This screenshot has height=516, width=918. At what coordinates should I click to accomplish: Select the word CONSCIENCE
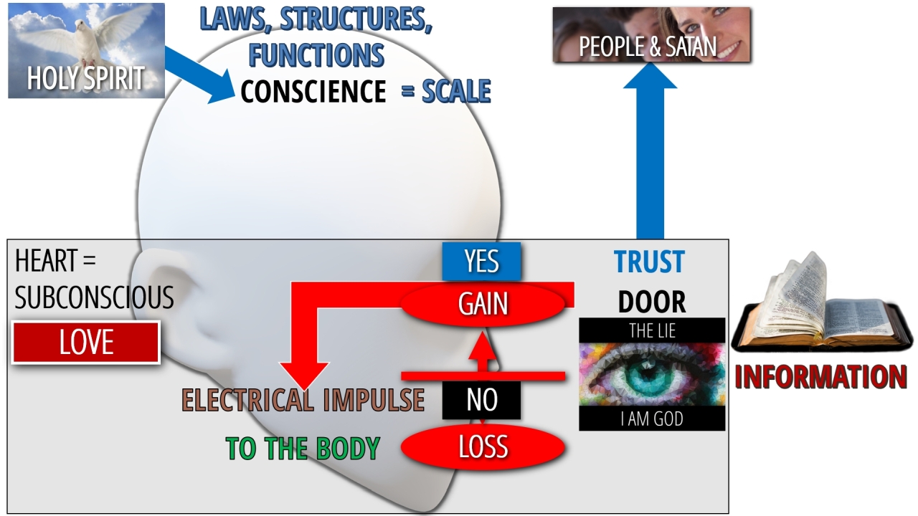(x=313, y=92)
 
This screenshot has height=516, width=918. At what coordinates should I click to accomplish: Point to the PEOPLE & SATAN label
(x=648, y=47)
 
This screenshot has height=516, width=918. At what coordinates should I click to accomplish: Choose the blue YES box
(x=481, y=262)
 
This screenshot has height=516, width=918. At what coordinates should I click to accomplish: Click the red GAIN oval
(x=483, y=305)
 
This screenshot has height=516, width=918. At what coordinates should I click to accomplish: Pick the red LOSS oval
(x=483, y=447)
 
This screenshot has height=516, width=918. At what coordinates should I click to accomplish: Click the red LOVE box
(x=86, y=343)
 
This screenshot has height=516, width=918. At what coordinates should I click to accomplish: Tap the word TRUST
(x=649, y=262)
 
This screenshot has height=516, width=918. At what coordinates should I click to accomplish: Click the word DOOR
(x=651, y=302)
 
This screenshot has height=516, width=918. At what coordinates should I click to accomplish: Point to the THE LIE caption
(x=651, y=330)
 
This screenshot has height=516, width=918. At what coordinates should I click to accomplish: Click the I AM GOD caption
(x=651, y=419)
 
